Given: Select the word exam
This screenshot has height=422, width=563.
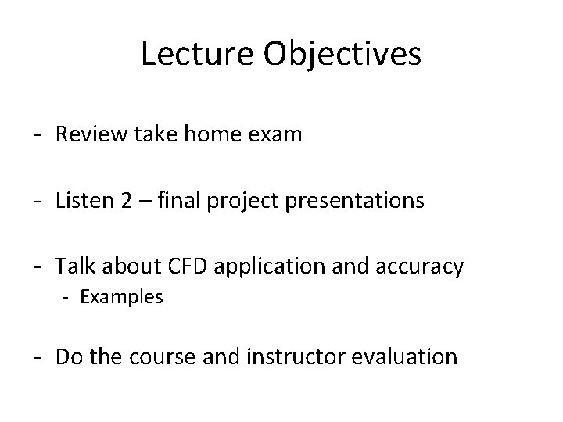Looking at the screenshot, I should (274, 136).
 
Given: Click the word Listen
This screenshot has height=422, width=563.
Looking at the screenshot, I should (82, 201).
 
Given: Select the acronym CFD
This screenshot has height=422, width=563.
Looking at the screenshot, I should (184, 266).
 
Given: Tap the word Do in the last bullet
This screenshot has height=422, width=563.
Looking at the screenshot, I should (68, 357).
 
